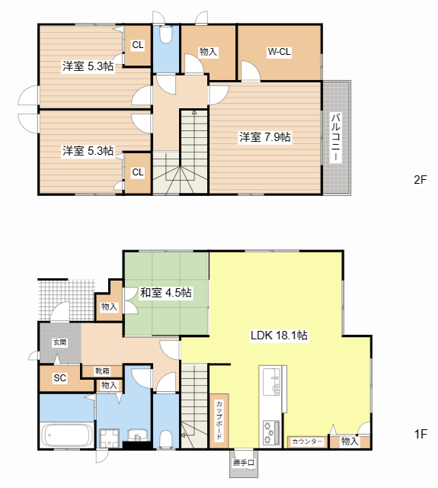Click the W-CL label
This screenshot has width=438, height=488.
click(279, 52)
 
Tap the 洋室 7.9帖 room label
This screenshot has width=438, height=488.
click(265, 137)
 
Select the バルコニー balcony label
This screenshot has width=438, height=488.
click(336, 137)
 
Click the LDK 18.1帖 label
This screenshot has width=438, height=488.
click(279, 335)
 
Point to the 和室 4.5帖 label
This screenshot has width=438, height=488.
click(166, 293)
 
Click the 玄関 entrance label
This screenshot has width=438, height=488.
click(59, 342)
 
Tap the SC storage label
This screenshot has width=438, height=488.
click(59, 378)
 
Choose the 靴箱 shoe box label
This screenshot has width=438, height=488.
click(102, 371)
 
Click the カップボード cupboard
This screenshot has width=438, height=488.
click(219, 421)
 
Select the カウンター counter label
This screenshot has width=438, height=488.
click(307, 441)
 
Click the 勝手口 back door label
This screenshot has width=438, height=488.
click(244, 463)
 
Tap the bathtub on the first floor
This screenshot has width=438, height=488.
click(67, 435)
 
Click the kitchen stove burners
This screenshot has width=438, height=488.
click(270, 432)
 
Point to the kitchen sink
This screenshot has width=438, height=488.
click(271, 382)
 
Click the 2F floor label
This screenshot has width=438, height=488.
click(420, 180)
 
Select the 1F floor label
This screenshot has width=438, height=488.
click(420, 434)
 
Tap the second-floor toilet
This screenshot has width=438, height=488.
click(166, 34)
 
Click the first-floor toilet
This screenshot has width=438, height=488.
click(166, 439)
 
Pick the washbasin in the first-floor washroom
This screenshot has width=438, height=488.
click(138, 435)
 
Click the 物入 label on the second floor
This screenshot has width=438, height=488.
click(208, 52)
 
